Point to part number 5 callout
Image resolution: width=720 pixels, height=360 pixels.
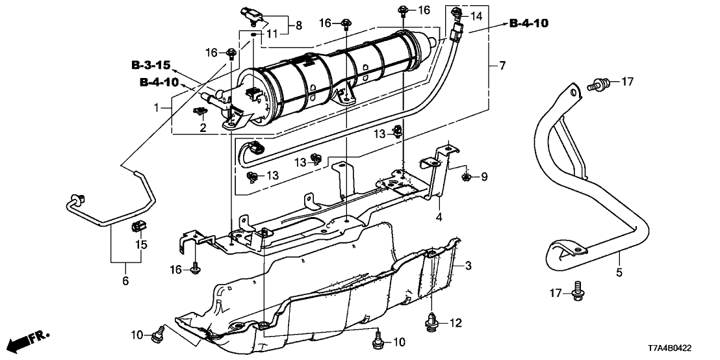(619, 273)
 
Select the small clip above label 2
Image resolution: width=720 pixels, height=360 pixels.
(198, 112)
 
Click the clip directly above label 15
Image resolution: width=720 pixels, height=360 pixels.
(138, 227)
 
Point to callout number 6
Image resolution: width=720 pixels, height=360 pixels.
(125, 281)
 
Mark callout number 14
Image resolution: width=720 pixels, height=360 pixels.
(476, 15)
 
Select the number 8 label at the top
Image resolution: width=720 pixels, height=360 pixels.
(299, 25)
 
